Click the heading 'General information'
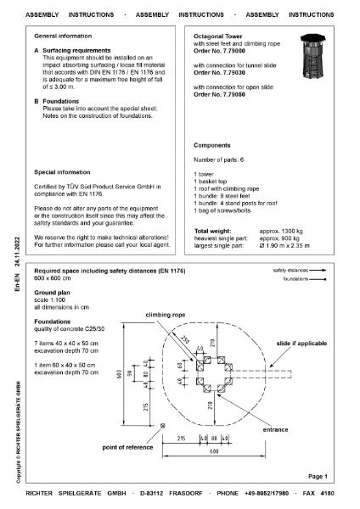click(x=62, y=38)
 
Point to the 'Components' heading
click(x=212, y=145)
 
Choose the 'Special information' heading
click(x=62, y=170)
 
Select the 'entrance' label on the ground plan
click(x=276, y=430)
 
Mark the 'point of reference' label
click(x=132, y=446)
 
